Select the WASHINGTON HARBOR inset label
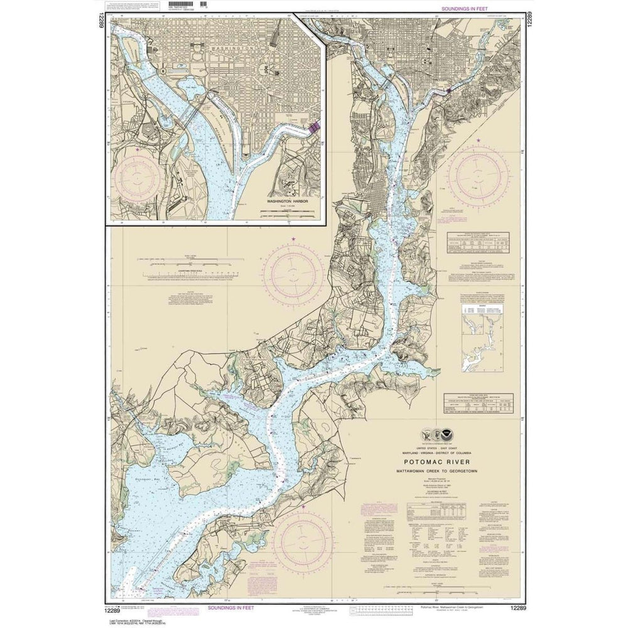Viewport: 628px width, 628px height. coord(284,203)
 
